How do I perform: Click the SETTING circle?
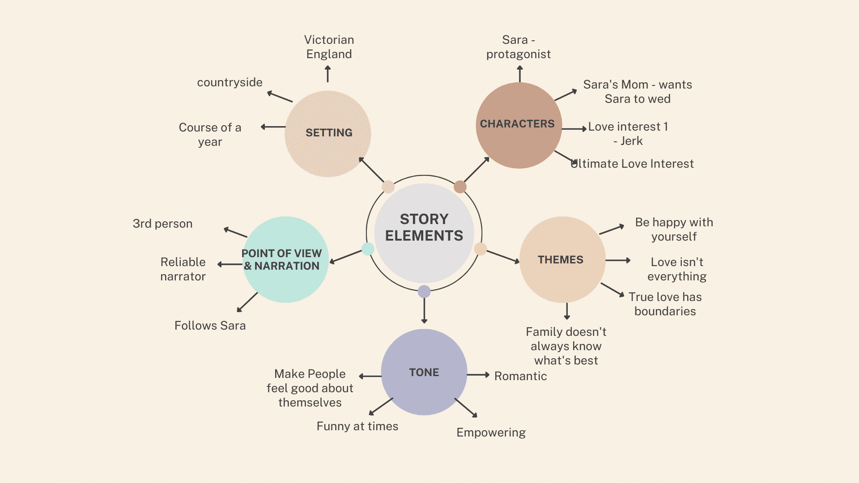(x=328, y=133)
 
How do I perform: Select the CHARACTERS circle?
(x=519, y=125)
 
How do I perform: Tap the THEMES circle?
(x=562, y=259)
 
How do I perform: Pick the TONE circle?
(x=424, y=372)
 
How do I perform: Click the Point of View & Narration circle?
(x=285, y=260)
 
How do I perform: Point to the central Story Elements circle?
(x=424, y=233)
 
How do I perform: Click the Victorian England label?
(x=329, y=47)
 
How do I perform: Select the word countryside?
(x=230, y=82)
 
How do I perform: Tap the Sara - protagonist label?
(x=518, y=47)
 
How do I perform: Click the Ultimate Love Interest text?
(x=632, y=164)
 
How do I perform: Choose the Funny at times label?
(x=357, y=426)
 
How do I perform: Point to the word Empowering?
(x=491, y=432)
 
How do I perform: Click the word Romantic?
(x=520, y=376)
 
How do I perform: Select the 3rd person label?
(x=162, y=224)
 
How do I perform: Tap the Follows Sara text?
(x=210, y=326)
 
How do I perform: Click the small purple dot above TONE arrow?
(x=424, y=292)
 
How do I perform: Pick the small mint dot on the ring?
(x=368, y=249)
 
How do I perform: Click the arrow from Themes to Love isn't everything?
(x=618, y=260)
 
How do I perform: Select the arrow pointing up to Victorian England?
(x=327, y=74)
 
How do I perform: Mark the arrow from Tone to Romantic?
(x=478, y=375)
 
